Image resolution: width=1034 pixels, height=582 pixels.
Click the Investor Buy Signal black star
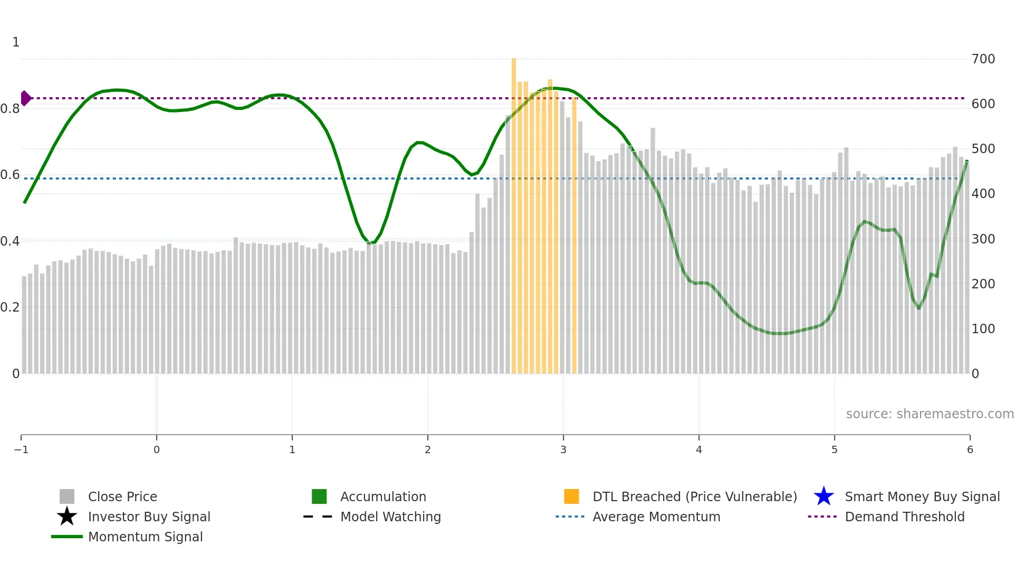(x=67, y=517)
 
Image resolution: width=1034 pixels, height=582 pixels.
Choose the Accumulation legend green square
(x=319, y=496)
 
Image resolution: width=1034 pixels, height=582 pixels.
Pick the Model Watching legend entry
(x=390, y=517)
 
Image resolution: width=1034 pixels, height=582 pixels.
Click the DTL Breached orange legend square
(x=571, y=496)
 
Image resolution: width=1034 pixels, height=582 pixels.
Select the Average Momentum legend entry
(x=656, y=517)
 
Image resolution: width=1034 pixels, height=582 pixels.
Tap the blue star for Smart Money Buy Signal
(x=824, y=496)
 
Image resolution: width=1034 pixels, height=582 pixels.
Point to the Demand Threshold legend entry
(x=904, y=517)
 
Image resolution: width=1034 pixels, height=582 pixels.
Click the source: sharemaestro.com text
(x=930, y=414)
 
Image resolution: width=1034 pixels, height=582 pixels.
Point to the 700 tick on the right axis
(x=983, y=59)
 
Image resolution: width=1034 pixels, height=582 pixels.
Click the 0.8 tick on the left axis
(x=10, y=109)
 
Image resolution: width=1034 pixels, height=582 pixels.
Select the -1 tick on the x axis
(x=21, y=449)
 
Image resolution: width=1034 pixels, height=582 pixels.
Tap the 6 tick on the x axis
(x=970, y=449)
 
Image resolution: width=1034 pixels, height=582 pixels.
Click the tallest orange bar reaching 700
(x=514, y=211)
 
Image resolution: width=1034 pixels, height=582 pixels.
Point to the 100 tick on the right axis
(x=983, y=329)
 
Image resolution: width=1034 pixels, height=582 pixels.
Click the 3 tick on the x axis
(x=563, y=449)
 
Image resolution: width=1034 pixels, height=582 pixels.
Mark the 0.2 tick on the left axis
(x=10, y=307)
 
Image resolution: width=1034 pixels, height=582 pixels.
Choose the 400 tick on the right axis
(x=983, y=194)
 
